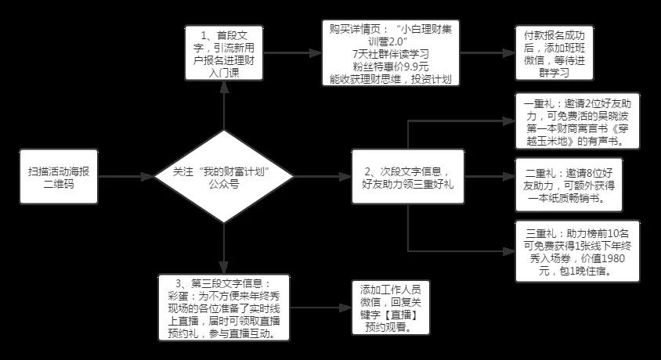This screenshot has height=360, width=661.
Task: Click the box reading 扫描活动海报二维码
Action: coord(58,177)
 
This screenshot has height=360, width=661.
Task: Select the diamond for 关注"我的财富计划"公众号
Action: coord(224,178)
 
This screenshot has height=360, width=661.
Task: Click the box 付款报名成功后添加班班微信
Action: coord(554,52)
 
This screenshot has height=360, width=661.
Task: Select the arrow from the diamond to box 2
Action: coord(321,178)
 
